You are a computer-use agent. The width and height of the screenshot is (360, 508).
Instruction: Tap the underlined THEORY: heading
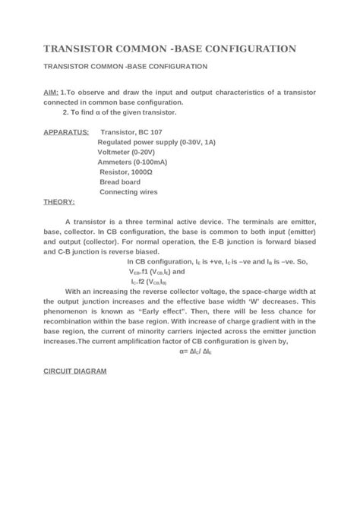point(59,202)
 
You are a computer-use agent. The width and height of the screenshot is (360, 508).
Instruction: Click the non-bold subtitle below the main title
point(125,67)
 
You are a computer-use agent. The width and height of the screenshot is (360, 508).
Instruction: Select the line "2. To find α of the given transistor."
point(119,112)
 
